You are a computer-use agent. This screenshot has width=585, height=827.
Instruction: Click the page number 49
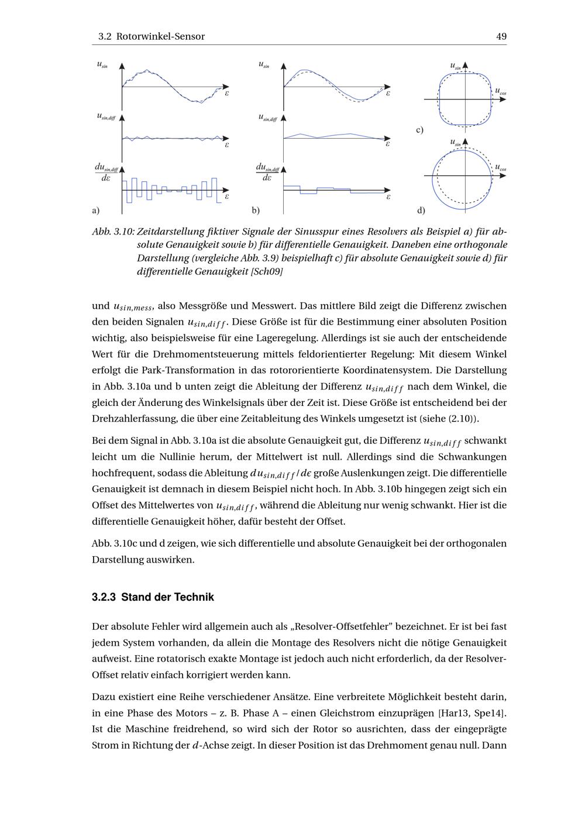click(x=501, y=36)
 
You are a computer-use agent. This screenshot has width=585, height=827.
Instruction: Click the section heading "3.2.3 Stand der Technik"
click(x=153, y=597)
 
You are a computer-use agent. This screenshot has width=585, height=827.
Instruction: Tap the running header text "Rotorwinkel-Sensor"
click(x=160, y=36)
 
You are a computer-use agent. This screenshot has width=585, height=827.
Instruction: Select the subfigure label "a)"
click(x=95, y=210)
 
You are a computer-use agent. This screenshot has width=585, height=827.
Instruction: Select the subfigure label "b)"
click(x=256, y=210)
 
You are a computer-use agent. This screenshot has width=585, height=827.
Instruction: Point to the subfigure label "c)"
click(x=419, y=130)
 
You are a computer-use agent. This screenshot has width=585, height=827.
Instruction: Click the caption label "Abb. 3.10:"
click(x=113, y=232)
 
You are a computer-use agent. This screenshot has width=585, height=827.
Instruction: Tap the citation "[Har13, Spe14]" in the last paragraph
click(x=472, y=713)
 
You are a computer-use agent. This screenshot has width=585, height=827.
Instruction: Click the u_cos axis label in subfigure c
click(x=500, y=92)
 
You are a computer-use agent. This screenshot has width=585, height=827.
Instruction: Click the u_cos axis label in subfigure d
click(x=500, y=168)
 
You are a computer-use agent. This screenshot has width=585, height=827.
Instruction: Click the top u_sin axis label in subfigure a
click(x=102, y=65)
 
